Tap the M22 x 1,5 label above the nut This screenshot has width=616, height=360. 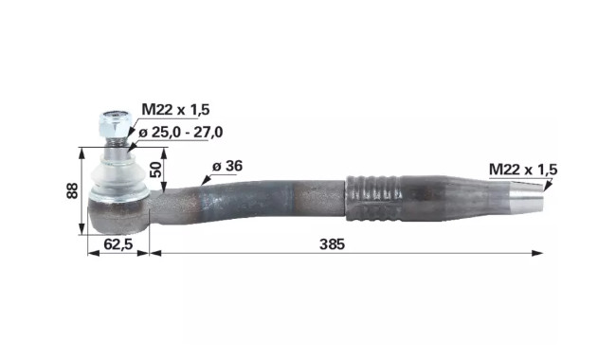coord(175,110)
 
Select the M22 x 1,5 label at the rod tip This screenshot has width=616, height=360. coord(523,170)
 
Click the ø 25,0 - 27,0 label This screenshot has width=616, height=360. coord(181,133)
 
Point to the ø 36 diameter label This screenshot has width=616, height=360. coord(227,166)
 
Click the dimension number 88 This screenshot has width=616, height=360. coord(72,190)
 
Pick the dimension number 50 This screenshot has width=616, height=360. coord(156,170)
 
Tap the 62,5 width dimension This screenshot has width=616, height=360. coord(118,244)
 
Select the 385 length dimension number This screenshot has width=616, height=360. coord(332,244)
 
